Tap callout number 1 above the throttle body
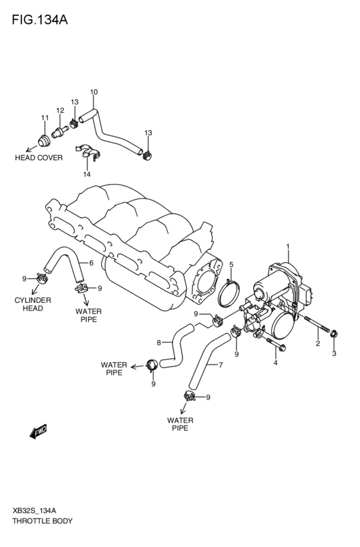coord(288,246)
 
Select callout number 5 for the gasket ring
coord(231,265)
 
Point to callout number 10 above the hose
coord(94,93)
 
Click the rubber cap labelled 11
coord(45,139)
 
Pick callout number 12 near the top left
coord(60,111)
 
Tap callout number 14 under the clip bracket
coord(86,174)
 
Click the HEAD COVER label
coord(39,157)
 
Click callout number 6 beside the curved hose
coord(91,263)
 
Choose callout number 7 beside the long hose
coord(221,366)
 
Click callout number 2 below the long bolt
coord(318,344)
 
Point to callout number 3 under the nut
coord(334,354)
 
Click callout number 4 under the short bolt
coord(275,363)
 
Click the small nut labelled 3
coord(334,334)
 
